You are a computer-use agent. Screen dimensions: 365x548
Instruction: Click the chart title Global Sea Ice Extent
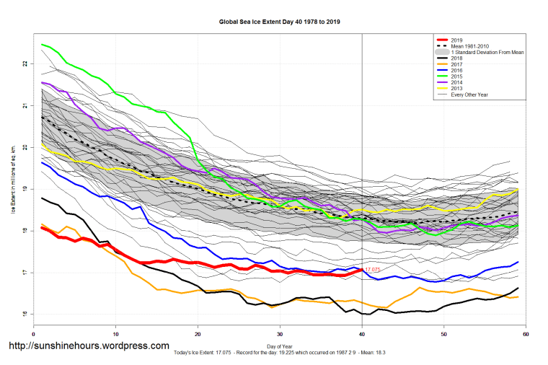279,22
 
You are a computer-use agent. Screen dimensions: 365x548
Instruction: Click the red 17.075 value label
373,270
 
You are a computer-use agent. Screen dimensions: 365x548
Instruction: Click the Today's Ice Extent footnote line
279,354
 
